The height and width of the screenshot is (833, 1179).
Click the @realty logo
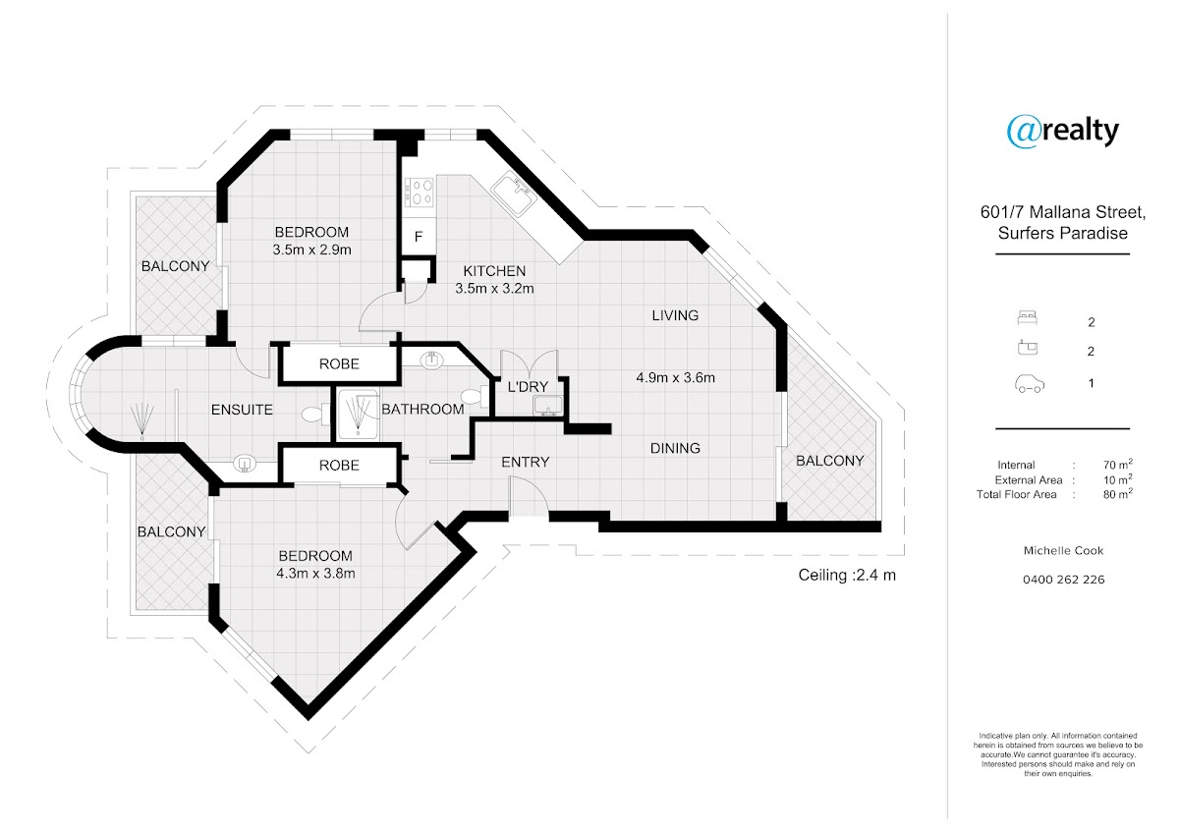tap(1063, 131)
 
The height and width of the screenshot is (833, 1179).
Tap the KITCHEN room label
tap(494, 271)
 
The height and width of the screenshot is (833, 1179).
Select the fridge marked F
tap(418, 237)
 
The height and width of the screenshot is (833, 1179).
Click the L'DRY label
tap(529, 386)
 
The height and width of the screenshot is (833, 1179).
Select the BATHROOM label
tap(422, 409)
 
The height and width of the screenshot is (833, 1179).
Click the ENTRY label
tap(526, 462)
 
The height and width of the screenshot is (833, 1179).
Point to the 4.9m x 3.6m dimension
tap(676, 377)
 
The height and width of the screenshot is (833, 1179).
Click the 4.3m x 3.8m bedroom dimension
tap(314, 574)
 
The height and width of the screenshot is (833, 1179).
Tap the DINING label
tap(675, 448)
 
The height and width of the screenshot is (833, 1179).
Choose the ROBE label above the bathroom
tap(339, 363)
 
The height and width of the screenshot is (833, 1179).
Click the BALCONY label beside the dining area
tap(830, 461)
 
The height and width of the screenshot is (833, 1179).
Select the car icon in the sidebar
tap(1029, 384)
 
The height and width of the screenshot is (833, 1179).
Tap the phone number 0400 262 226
tap(1063, 580)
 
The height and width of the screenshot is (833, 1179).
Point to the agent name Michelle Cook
tap(1063, 551)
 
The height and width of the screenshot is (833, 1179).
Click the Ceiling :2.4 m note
tap(847, 576)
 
